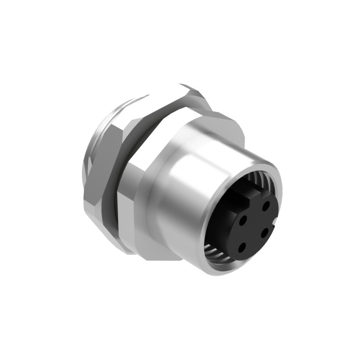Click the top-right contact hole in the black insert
point(266,206)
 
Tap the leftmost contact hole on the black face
point(243,221)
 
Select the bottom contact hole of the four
point(242,247)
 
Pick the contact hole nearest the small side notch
point(265,231)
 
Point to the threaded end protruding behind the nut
point(90,148)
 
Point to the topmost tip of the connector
point(182,84)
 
